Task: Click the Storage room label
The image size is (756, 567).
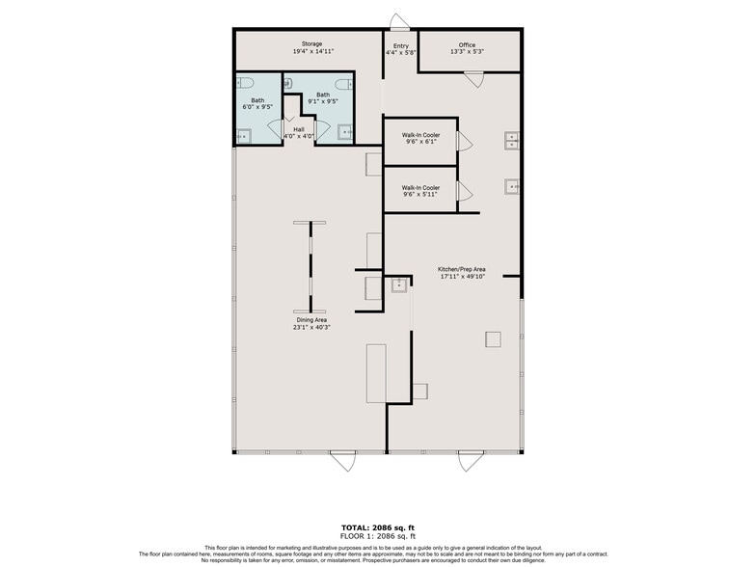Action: coord(311,44)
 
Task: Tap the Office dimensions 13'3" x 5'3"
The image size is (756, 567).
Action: coord(467,52)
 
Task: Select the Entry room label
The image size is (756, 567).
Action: coord(400,44)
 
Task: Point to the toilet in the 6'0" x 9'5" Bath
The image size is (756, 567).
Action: coord(245,83)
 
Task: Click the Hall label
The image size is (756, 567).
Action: coord(298,128)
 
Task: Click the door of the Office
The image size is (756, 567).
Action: coord(472,78)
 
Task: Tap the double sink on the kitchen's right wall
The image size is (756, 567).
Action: coord(512,142)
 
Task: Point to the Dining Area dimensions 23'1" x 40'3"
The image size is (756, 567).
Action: coord(310,326)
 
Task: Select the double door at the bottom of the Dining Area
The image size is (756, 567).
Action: coord(342,461)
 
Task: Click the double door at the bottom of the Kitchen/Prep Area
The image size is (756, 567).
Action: coord(471,461)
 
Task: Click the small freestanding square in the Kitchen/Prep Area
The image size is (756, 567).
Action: coord(493,338)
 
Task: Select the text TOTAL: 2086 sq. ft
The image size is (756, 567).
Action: coord(378,527)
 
